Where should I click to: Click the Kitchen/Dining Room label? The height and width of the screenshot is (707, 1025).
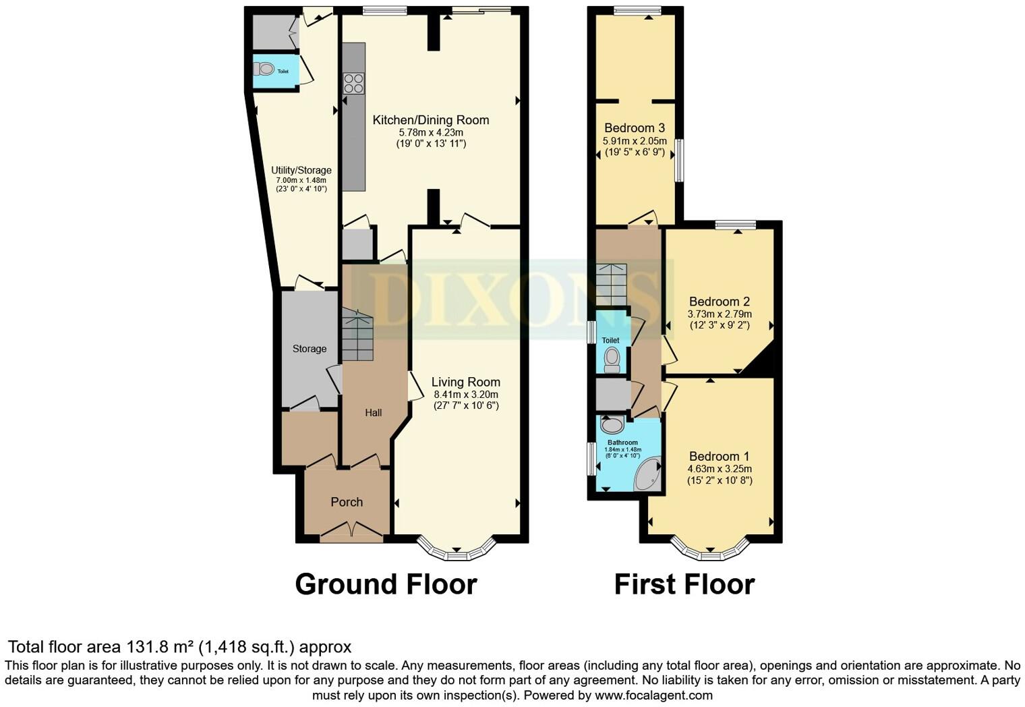431,120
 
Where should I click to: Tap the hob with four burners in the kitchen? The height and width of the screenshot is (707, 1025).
353,84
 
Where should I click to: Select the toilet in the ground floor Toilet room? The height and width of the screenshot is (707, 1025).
265,69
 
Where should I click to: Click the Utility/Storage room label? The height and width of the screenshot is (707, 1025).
301,170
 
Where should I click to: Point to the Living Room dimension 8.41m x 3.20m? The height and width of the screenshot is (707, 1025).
466,395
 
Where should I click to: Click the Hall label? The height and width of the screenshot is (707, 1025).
373,412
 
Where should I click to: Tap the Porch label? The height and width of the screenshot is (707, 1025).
347,502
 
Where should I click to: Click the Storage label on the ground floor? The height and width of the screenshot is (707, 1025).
309,349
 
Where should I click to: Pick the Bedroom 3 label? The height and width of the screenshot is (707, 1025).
634,128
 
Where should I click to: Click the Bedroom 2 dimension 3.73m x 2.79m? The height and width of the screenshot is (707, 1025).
719,314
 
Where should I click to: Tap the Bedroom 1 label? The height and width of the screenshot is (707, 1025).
719,457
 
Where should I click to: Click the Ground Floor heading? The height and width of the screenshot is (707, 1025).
386,584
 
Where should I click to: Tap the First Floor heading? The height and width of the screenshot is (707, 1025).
684,584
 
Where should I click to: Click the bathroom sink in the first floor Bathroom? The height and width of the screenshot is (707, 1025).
612,425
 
